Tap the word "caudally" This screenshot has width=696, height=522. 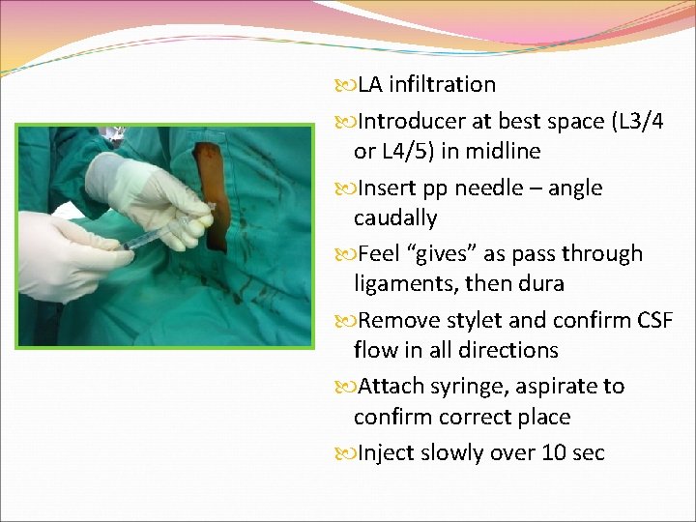click(x=395, y=218)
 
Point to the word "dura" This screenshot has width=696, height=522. click(x=540, y=285)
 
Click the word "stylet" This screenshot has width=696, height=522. click(x=473, y=320)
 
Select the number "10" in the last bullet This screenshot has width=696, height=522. click(x=542, y=453)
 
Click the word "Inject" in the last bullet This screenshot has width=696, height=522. click(x=388, y=453)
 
